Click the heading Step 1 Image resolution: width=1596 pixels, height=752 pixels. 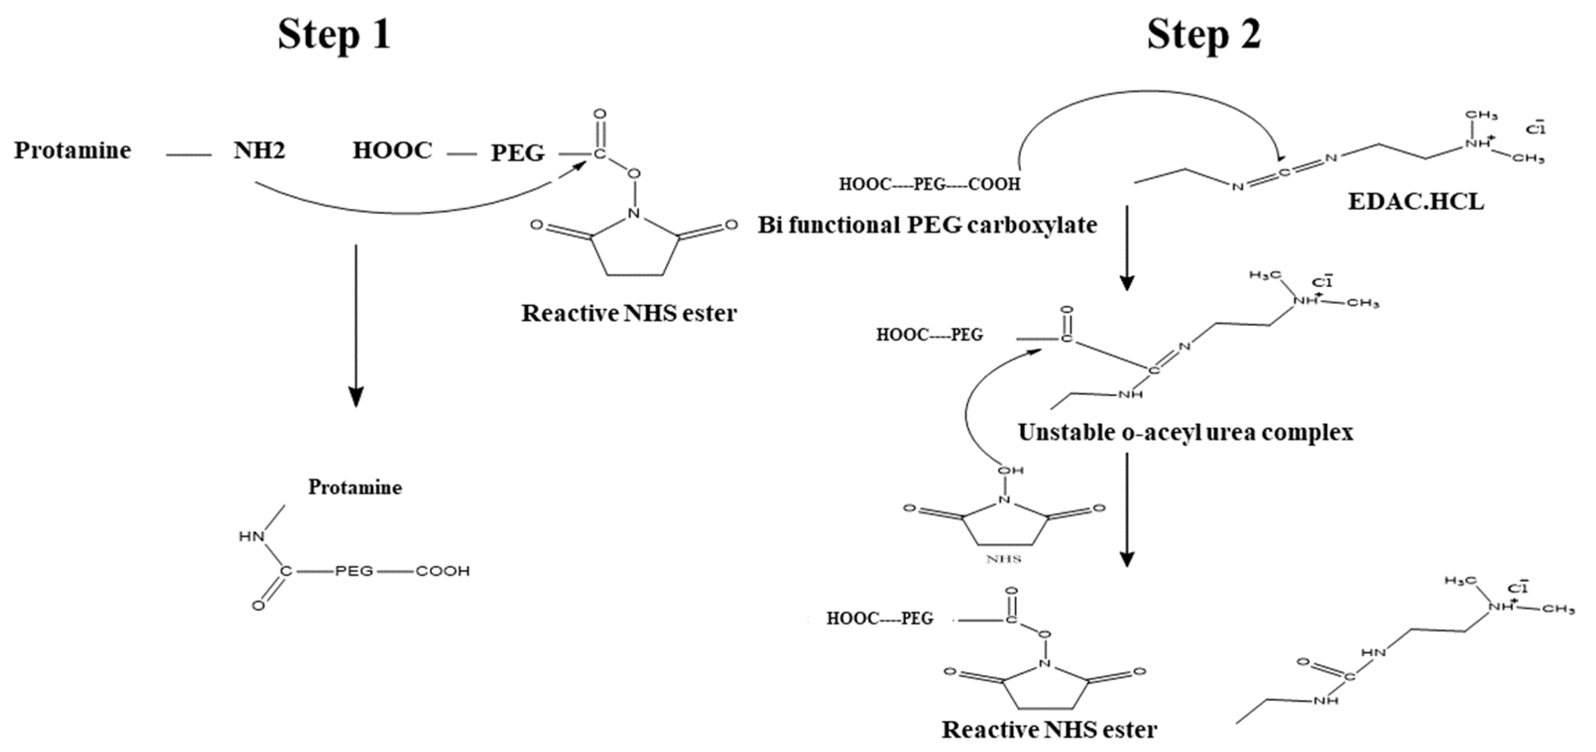(334, 35)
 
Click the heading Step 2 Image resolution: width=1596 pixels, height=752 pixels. (1203, 35)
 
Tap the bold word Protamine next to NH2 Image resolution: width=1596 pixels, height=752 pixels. (72, 151)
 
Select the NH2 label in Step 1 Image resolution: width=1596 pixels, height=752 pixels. (259, 151)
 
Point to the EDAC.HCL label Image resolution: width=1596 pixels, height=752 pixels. (1416, 202)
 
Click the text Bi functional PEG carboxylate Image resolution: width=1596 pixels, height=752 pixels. (927, 225)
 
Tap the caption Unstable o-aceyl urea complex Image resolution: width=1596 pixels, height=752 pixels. (1184, 432)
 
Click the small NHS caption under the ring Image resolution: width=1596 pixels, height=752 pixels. (1003, 559)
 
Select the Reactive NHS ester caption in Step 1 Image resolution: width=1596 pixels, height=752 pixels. (628, 313)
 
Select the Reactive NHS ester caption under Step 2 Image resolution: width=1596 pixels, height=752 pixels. (1049, 730)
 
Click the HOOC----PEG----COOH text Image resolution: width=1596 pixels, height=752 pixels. (929, 184)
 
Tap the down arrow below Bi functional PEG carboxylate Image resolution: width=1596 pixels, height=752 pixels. (1126, 248)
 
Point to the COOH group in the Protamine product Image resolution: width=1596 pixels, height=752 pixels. (442, 571)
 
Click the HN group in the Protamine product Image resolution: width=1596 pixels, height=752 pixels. (251, 536)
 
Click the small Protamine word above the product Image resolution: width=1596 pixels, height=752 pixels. (355, 487)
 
